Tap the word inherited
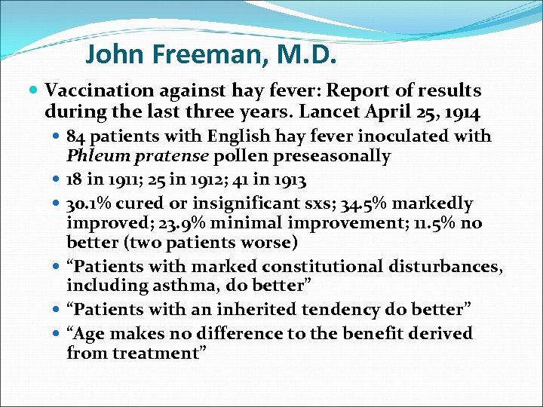pyautogui.click(x=250, y=309)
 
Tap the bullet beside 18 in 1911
pyautogui.click(x=57, y=180)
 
